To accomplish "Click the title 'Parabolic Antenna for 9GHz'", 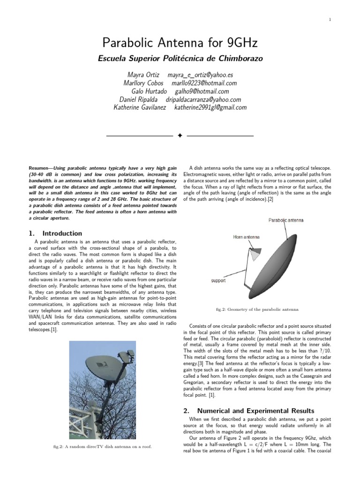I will pyautogui.click(x=180, y=44).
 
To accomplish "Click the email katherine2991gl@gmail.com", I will pyautogui.click(x=210, y=107).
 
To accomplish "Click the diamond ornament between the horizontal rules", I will pyautogui.click(x=180, y=136).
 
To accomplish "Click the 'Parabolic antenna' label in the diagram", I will pyautogui.click(x=286, y=220).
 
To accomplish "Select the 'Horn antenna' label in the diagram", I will pyautogui.click(x=246, y=237).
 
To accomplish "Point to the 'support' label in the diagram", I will pyautogui.click(x=218, y=281).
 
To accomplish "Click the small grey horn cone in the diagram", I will pyautogui.click(x=255, y=255).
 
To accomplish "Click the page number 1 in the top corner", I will pyautogui.click(x=330, y=19).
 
